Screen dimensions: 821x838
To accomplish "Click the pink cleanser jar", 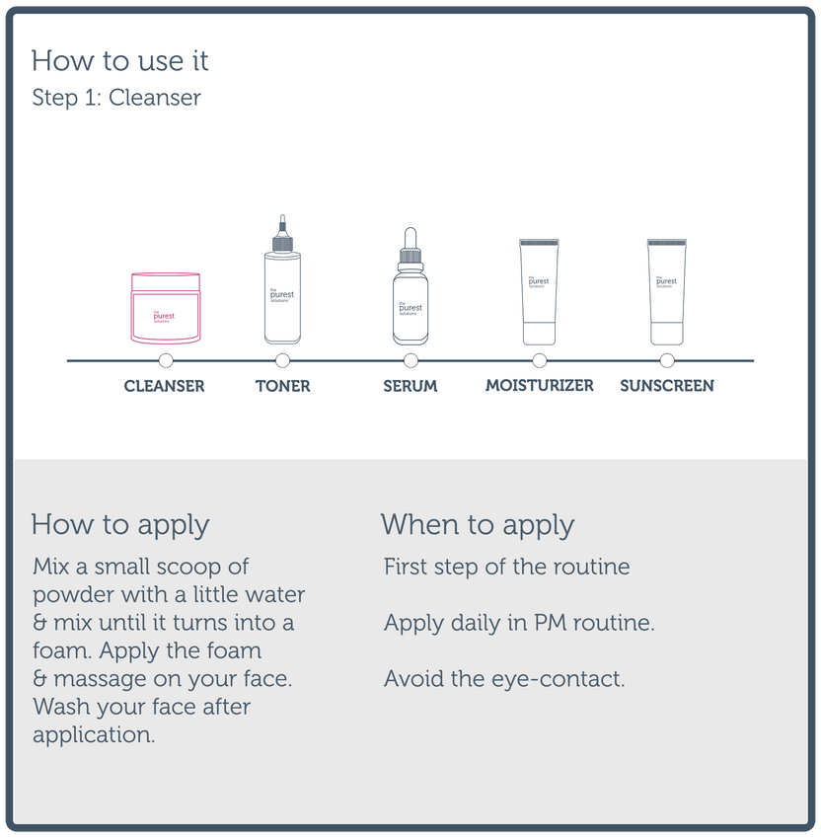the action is [166, 308].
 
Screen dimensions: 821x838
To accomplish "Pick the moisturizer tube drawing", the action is [539, 292].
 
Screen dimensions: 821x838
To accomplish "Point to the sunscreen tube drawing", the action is [667, 292].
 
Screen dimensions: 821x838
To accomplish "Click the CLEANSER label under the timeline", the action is [164, 386].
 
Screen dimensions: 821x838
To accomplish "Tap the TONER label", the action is [282, 386].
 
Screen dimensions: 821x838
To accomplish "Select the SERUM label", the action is [410, 386].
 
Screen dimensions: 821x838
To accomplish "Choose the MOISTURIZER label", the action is [540, 385].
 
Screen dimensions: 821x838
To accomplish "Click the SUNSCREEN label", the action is [667, 386].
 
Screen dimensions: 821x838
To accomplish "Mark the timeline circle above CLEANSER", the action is [166, 360].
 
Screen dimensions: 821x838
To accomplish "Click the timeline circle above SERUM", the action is [410, 360].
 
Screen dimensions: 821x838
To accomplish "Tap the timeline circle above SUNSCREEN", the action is [667, 360].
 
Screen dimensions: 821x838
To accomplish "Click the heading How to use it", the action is [119, 60].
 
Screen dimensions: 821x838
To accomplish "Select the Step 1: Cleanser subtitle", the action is [116, 98].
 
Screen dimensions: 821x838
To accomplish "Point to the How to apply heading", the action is [120, 525].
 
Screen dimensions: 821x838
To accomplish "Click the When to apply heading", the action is [478, 525].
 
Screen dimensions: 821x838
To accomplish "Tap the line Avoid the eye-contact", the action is [504, 679].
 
